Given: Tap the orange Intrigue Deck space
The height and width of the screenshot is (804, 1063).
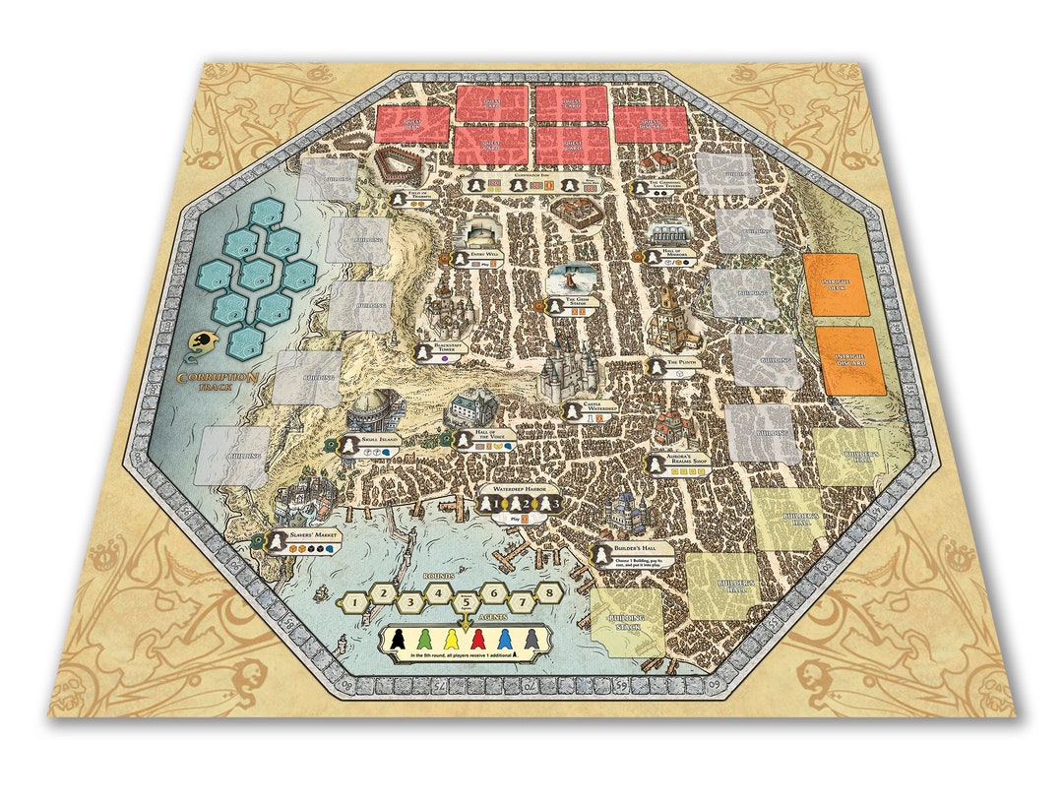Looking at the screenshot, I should [x=836, y=284].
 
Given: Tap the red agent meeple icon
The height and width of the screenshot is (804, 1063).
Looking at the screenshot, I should [x=478, y=640].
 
